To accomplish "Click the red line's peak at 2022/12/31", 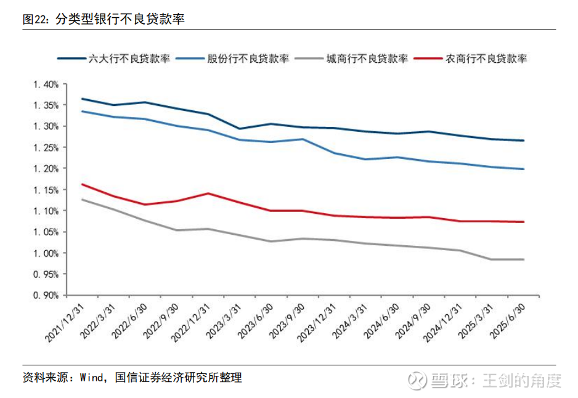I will coord(208,193).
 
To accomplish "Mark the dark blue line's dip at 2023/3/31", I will coord(240,129).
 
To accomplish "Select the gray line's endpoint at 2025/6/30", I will coord(524,259).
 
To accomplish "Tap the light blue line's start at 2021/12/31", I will coord(82,112).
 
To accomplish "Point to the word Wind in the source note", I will coord(94,377).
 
